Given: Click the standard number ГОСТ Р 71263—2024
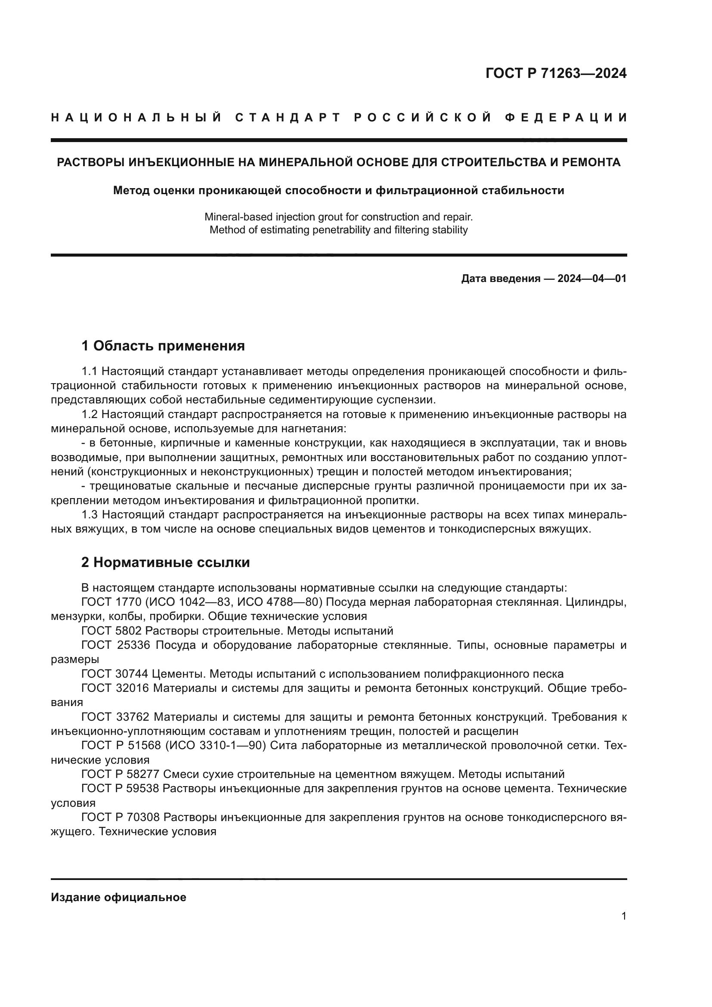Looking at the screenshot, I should pyautogui.click(x=555, y=73).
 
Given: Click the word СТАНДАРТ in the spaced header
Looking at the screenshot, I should pyautogui.click(x=288, y=118).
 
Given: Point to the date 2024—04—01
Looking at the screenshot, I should pyautogui.click(x=591, y=279).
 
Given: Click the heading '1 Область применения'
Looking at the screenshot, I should pyautogui.click(x=163, y=346).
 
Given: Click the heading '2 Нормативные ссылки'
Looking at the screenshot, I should pyautogui.click(x=165, y=562).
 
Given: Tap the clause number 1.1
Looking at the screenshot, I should pyautogui.click(x=89, y=371).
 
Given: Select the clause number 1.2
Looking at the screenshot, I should pyautogui.click(x=89, y=415).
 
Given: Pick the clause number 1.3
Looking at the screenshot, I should pyautogui.click(x=90, y=514).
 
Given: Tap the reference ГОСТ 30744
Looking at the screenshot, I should pyautogui.click(x=115, y=674).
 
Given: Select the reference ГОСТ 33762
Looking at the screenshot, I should pyautogui.click(x=115, y=717).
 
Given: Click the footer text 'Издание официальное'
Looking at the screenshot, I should pyautogui.click(x=118, y=897).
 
